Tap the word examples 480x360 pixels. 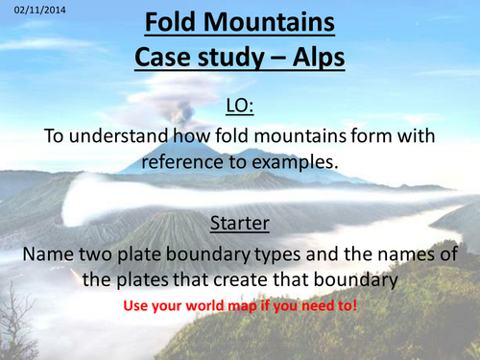click(x=298, y=162)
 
